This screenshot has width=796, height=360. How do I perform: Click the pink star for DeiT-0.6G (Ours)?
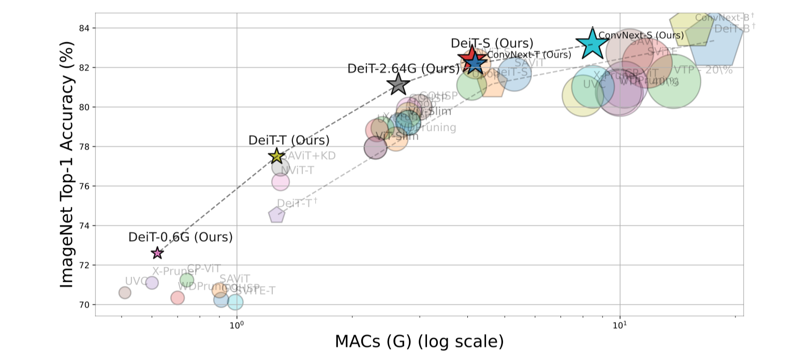[x=157, y=253]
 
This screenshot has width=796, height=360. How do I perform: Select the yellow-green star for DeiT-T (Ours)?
[x=276, y=156]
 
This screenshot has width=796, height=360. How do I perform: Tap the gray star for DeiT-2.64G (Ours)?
[x=397, y=84]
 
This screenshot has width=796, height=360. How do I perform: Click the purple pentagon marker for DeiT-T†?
[x=277, y=215]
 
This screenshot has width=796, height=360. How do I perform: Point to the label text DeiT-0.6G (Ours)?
[x=181, y=237]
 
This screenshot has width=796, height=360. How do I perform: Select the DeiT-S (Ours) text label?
[x=492, y=43]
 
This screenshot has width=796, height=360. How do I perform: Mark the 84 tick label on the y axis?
[x=83, y=28]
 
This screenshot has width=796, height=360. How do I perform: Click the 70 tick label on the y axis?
[x=83, y=305]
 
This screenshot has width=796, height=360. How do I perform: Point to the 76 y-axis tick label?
[x=83, y=186]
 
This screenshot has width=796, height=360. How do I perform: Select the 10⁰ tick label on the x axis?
[x=237, y=325]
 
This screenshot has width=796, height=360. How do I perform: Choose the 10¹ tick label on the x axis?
[x=620, y=325]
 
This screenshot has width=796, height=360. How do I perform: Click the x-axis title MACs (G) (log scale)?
[x=419, y=342]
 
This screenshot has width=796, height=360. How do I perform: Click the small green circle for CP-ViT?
[x=187, y=280]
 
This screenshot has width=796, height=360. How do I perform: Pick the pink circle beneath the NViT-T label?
[x=280, y=182]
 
